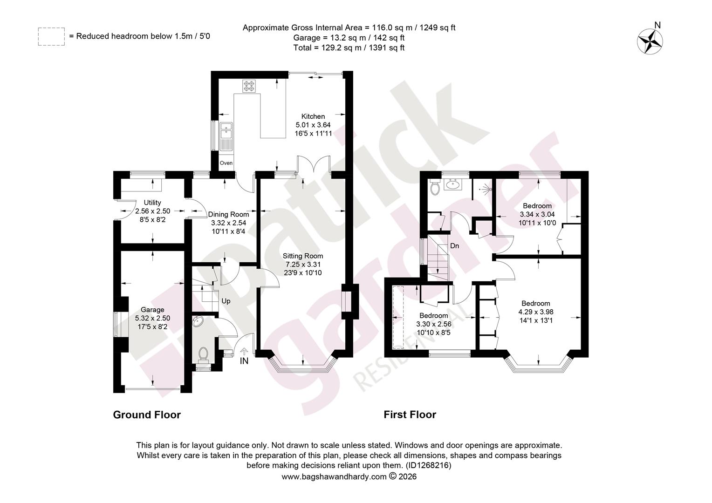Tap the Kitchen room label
pyautogui.click(x=313, y=116)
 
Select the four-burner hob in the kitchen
pyautogui.click(x=249, y=86)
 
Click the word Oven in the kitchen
pyautogui.click(x=226, y=163)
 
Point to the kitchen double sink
pyautogui.click(x=226, y=136)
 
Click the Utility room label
pyautogui.click(x=152, y=203)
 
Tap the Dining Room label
pyautogui.click(x=228, y=215)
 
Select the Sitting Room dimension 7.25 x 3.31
pyautogui.click(x=302, y=265)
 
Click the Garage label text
pyautogui.click(x=152, y=310)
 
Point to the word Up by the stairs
pyautogui.click(x=226, y=301)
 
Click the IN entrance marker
pyautogui.click(x=244, y=361)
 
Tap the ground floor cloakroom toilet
pyautogui.click(x=203, y=355)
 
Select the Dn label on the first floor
pyautogui.click(x=454, y=246)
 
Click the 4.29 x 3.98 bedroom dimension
pyautogui.click(x=536, y=312)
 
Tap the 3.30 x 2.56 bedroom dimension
pyautogui.click(x=433, y=324)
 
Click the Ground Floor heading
pyautogui.click(x=147, y=415)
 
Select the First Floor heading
pyautogui.click(x=410, y=415)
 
